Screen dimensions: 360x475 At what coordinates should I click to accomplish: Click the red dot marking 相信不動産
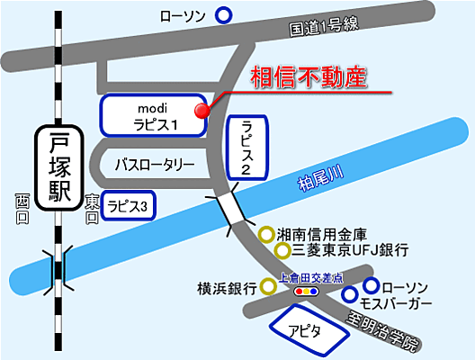tap(202, 110)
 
